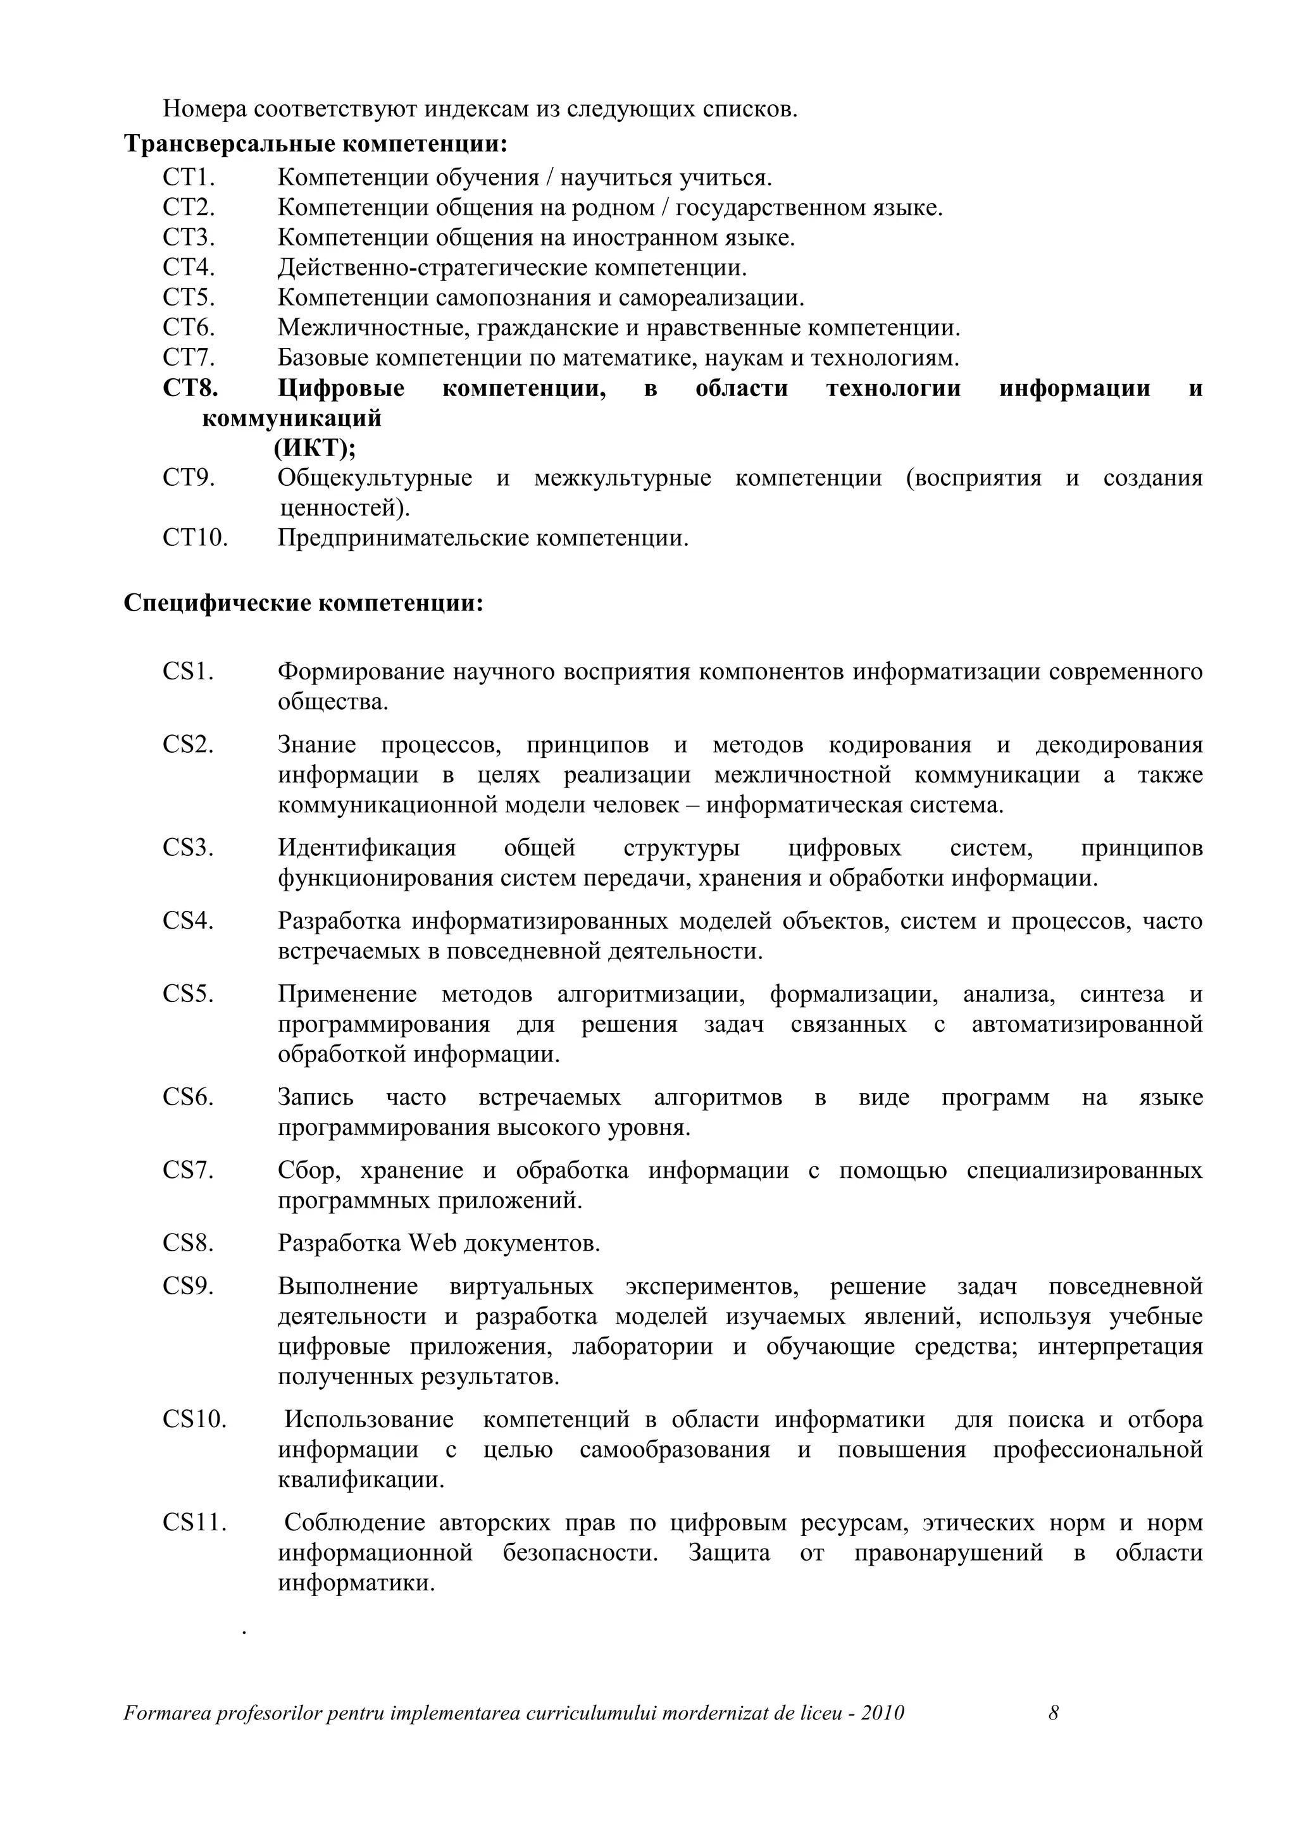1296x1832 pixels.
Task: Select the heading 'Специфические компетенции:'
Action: [x=303, y=603]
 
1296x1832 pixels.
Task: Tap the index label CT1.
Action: [x=189, y=177]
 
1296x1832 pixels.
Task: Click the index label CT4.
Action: [x=189, y=268]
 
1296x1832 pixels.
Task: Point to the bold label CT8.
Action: [x=190, y=388]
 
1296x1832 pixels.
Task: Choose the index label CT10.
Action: [x=195, y=538]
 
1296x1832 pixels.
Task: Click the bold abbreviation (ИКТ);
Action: [x=315, y=449]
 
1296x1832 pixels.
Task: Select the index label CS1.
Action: [x=189, y=672]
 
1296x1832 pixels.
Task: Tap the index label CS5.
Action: [x=189, y=994]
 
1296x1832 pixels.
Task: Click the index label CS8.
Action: [x=189, y=1243]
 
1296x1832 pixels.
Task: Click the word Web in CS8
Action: [x=432, y=1243]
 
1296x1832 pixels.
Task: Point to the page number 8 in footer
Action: [x=1054, y=1713]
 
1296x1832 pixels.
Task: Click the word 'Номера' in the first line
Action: [x=199, y=109]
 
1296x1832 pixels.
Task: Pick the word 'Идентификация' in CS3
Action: [x=366, y=848]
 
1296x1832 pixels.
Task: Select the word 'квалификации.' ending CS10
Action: [x=361, y=1480]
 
